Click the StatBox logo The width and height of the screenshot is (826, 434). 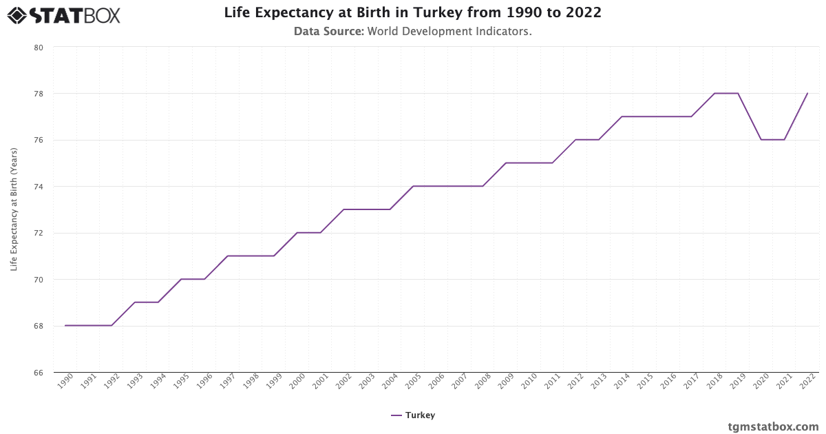64,14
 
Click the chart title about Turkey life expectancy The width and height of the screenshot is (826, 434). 412,13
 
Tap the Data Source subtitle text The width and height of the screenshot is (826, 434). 412,32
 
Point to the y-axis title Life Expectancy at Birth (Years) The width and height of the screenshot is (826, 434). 14,209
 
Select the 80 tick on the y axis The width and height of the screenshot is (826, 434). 39,48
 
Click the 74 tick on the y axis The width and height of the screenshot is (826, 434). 39,187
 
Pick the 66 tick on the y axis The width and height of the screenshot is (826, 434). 39,373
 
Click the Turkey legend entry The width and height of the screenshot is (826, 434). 412,415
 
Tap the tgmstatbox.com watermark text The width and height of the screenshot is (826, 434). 773,426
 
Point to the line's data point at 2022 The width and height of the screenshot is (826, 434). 807,93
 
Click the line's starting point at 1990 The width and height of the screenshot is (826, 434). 65,326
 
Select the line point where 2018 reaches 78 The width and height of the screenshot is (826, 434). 714,93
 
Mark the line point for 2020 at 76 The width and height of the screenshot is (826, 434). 761,140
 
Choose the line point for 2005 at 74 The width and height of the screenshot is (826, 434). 413,186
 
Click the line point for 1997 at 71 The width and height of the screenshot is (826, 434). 228,256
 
